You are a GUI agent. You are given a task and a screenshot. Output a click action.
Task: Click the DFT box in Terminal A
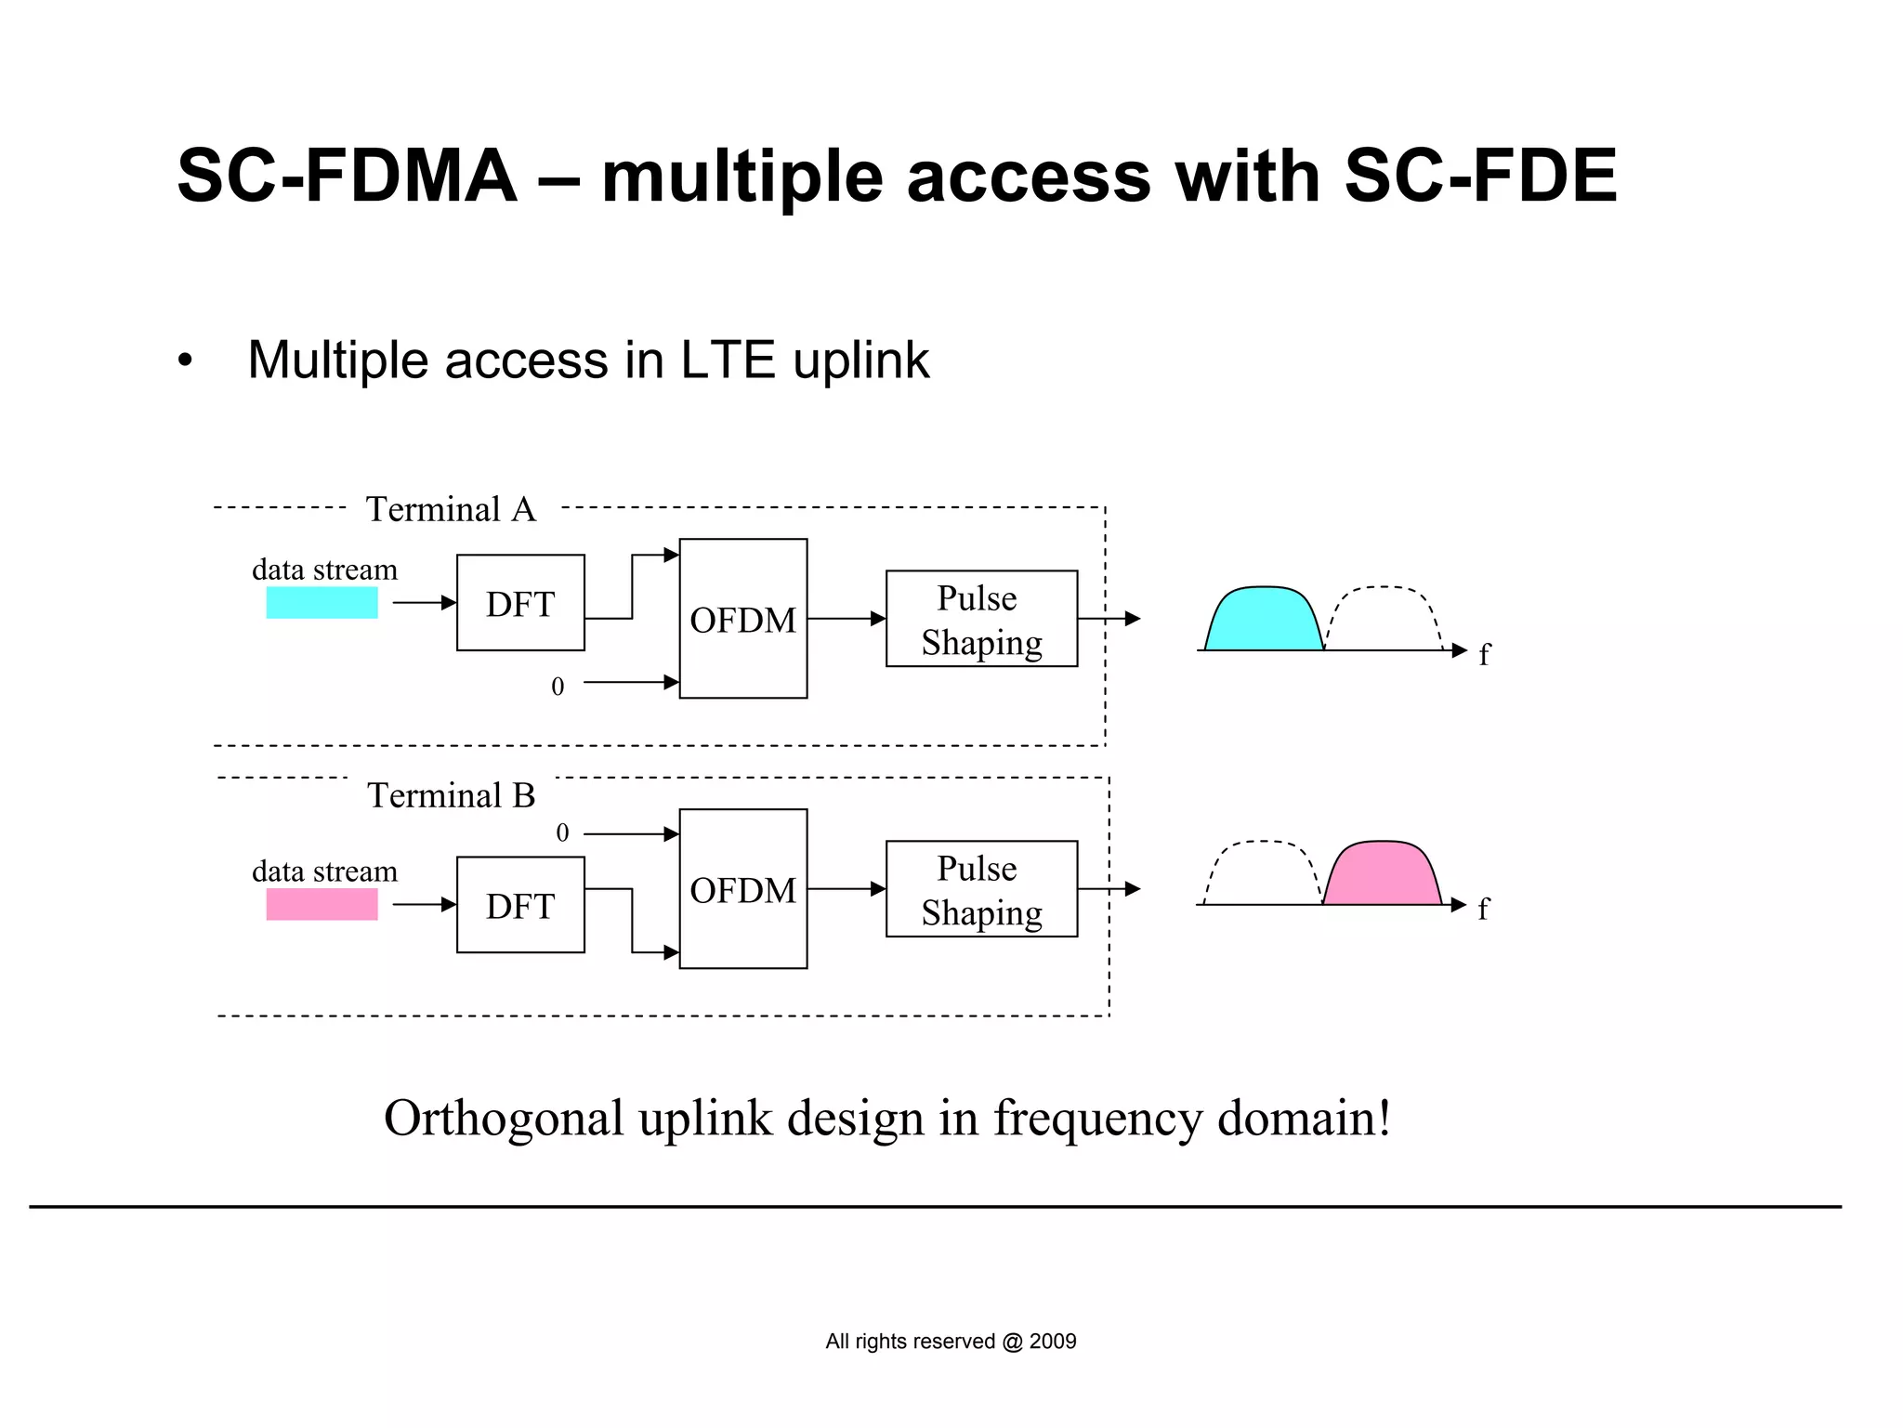(x=520, y=603)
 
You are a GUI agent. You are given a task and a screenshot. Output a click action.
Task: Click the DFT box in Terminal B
(x=520, y=905)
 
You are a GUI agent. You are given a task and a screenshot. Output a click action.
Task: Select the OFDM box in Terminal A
(x=742, y=619)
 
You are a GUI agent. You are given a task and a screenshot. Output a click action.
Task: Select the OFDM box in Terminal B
(x=742, y=889)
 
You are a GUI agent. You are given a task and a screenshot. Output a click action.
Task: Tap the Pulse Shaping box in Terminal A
(x=981, y=619)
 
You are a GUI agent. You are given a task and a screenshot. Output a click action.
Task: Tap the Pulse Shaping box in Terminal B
(x=981, y=889)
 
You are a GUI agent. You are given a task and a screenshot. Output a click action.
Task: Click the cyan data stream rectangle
(x=322, y=603)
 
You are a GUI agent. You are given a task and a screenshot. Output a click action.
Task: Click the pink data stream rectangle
(x=322, y=905)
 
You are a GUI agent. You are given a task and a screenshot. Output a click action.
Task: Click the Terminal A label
(x=451, y=509)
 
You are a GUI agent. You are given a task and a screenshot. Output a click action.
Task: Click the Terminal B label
(x=451, y=795)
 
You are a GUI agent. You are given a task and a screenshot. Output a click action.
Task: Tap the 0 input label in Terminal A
(x=558, y=687)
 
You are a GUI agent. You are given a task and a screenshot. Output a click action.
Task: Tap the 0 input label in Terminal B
(x=562, y=832)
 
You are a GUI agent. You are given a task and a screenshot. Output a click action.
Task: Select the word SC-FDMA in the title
(x=347, y=176)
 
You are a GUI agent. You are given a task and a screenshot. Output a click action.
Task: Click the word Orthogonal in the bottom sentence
(x=503, y=1118)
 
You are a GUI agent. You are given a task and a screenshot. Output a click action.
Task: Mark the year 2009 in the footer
(x=1053, y=1341)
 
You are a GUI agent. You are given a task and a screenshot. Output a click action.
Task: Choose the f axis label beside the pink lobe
(x=1483, y=908)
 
